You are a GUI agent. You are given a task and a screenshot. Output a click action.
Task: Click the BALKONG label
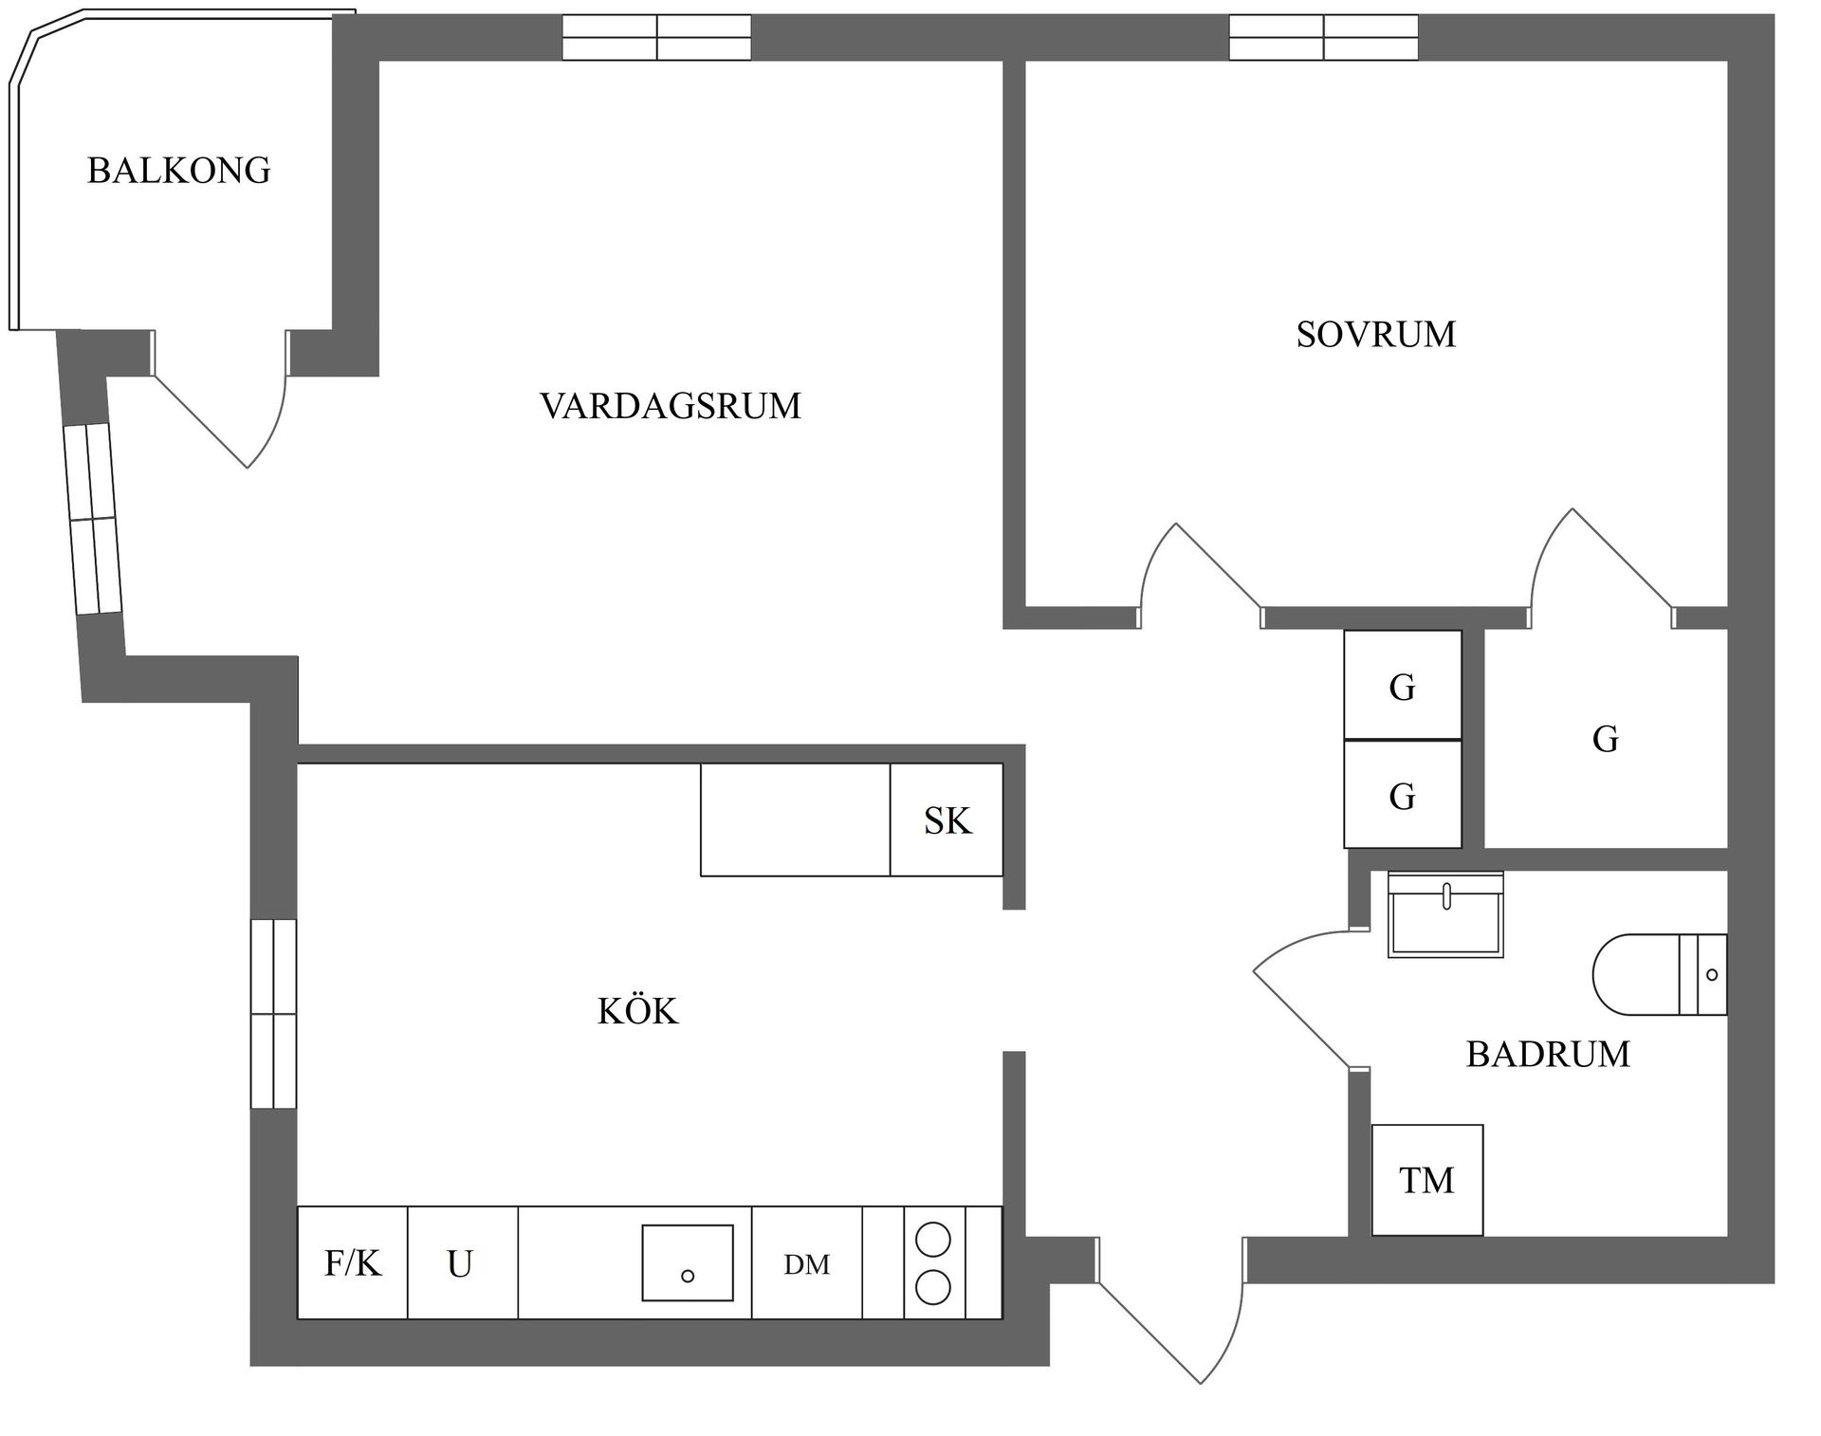click(x=178, y=171)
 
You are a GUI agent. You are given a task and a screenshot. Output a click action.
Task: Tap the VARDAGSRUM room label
click(x=671, y=406)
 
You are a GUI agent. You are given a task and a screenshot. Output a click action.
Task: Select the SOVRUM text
click(x=1375, y=335)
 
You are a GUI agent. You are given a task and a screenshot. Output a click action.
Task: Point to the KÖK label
click(x=637, y=1012)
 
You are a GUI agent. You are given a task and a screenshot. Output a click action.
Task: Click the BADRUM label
click(x=1547, y=1055)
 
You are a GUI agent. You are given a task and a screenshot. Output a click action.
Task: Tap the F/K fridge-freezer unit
click(x=353, y=1263)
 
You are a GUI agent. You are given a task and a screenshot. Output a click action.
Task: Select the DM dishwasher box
click(x=807, y=1263)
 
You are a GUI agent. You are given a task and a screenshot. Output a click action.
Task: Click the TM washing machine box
click(x=1426, y=1181)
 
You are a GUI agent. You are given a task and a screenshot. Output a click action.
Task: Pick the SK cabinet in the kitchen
click(x=947, y=820)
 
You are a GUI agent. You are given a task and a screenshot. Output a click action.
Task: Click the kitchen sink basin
click(x=688, y=1262)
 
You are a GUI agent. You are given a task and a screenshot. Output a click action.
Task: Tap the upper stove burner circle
click(x=932, y=1240)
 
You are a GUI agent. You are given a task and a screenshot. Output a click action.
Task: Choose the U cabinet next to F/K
click(x=462, y=1263)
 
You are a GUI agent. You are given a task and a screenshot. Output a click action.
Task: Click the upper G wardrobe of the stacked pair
click(x=1402, y=686)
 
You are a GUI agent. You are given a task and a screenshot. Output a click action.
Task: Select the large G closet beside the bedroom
click(x=1605, y=739)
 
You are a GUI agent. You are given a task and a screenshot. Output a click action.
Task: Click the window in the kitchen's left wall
click(x=273, y=1013)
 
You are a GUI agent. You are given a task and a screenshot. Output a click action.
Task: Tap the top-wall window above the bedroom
click(x=1323, y=38)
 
